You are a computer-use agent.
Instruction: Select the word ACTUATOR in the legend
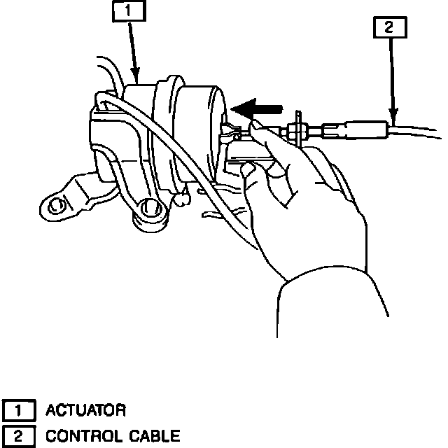coord(85,409)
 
